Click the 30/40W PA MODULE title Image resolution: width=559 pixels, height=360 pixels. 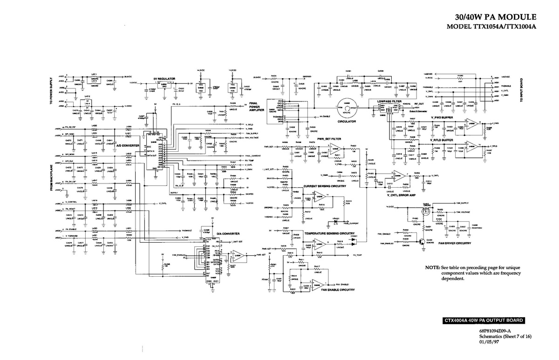497,17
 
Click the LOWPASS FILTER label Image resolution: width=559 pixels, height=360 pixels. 390,101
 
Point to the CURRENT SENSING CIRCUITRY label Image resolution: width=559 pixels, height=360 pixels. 325,186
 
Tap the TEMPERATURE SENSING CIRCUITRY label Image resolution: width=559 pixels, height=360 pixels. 330,233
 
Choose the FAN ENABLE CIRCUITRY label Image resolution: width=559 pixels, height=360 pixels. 338,290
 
